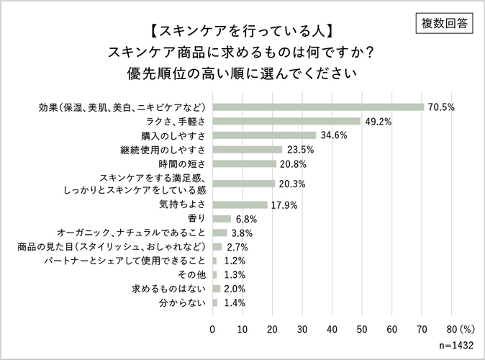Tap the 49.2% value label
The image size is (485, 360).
pyautogui.click(x=378, y=122)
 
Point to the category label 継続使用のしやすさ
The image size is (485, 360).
pyautogui.click(x=163, y=150)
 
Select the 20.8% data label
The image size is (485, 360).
pyautogui.click(x=292, y=164)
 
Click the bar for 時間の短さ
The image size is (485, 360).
pyautogui.click(x=244, y=164)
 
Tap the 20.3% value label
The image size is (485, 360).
pyautogui.click(x=291, y=184)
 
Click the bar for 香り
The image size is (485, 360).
pyautogui.click(x=222, y=218)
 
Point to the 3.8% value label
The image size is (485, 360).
pyautogui.click(x=241, y=233)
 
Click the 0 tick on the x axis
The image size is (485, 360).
pyautogui.click(x=212, y=329)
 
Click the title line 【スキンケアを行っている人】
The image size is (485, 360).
pyautogui.click(x=242, y=31)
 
